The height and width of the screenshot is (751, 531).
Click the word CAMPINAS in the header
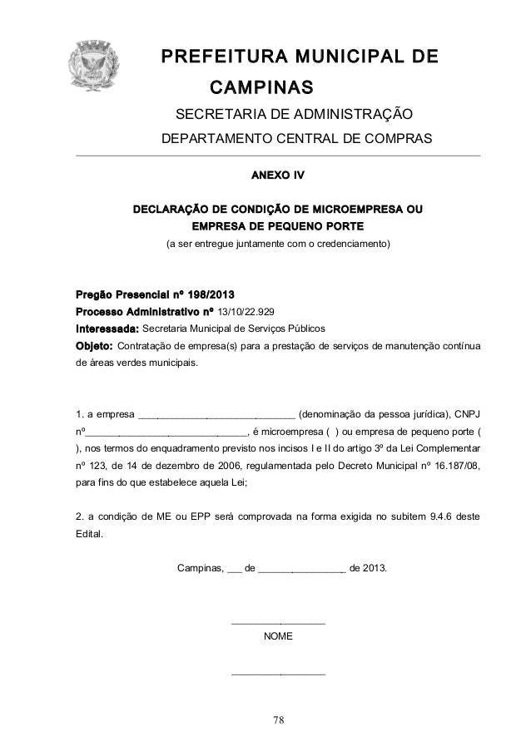pyautogui.click(x=261, y=87)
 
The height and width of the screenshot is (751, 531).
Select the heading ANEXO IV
pyautogui.click(x=277, y=176)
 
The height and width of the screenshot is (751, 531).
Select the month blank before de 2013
pyautogui.click(x=302, y=571)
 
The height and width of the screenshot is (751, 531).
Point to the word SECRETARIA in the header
pyautogui.click(x=212, y=114)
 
